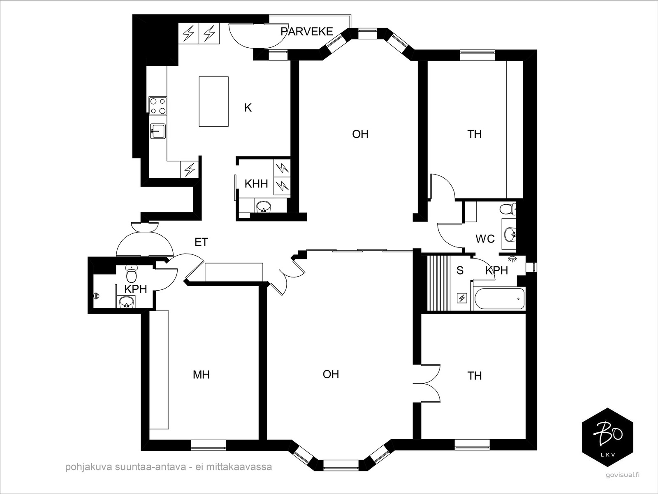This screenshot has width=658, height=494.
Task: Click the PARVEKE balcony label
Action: (307, 32)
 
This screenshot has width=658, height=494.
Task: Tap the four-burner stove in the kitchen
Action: (158, 106)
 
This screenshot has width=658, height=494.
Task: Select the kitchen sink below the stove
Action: (158, 131)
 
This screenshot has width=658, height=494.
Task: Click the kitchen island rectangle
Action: (214, 101)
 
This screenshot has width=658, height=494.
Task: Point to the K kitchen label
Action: (248, 107)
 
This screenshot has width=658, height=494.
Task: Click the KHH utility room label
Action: (256, 184)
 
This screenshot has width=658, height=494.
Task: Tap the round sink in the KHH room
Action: (264, 206)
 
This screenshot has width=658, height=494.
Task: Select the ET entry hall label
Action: (201, 242)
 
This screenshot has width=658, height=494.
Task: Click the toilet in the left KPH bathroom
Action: (131, 273)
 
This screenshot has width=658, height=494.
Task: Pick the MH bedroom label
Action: (201, 374)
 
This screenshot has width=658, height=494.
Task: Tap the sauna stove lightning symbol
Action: (462, 298)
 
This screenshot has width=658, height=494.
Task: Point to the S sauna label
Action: (460, 270)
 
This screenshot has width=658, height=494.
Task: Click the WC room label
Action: (485, 239)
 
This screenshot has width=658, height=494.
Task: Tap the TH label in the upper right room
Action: (474, 134)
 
